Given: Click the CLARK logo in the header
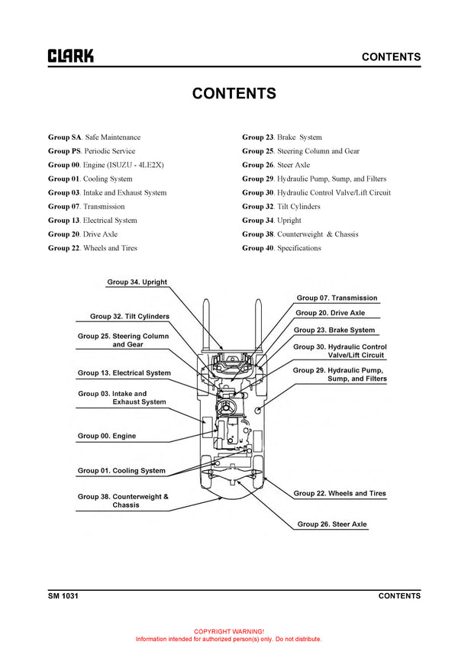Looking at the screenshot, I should (71, 56).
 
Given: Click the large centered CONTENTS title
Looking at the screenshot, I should (234, 94).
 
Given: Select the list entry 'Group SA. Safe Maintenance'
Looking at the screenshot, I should (94, 137).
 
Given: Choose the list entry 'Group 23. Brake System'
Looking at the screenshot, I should (282, 137).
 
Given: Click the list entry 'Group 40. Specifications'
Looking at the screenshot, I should (282, 249).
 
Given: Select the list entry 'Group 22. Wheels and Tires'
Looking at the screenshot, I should (92, 249).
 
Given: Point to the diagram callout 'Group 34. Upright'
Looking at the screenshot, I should (137, 282).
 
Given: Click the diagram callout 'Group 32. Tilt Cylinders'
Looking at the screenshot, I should (130, 316).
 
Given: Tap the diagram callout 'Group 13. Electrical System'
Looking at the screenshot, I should (124, 373).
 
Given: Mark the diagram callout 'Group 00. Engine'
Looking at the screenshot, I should (107, 436).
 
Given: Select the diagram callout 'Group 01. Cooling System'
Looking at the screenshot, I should (121, 471).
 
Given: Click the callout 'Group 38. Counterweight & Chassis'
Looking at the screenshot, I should (123, 501).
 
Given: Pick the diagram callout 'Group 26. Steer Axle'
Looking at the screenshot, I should (332, 524).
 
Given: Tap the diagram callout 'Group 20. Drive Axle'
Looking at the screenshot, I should (330, 313).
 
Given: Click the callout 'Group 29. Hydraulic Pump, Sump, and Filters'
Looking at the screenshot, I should (340, 374).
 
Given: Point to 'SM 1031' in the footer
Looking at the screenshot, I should (63, 596).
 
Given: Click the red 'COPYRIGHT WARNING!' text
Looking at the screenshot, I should (228, 632).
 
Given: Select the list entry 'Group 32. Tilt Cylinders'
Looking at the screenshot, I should (281, 207).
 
